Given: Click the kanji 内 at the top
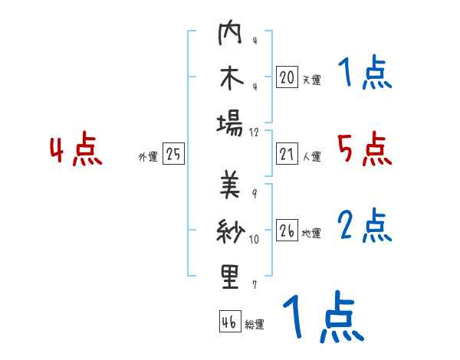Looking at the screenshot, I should [x=230, y=35].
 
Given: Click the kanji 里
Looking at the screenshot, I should [x=230, y=277].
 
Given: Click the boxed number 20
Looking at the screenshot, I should [x=287, y=77].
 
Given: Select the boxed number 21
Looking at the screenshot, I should [x=287, y=154].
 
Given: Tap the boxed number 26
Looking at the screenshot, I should [x=287, y=231].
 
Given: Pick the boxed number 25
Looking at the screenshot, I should [x=173, y=154].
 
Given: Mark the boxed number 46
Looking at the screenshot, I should [x=228, y=322].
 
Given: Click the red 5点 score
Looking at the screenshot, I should [x=364, y=149].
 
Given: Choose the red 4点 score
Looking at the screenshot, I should [x=77, y=150].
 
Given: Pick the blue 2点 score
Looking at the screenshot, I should [x=364, y=226].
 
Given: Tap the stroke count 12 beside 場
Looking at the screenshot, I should [x=255, y=132].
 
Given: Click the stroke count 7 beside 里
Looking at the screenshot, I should [x=254, y=285].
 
